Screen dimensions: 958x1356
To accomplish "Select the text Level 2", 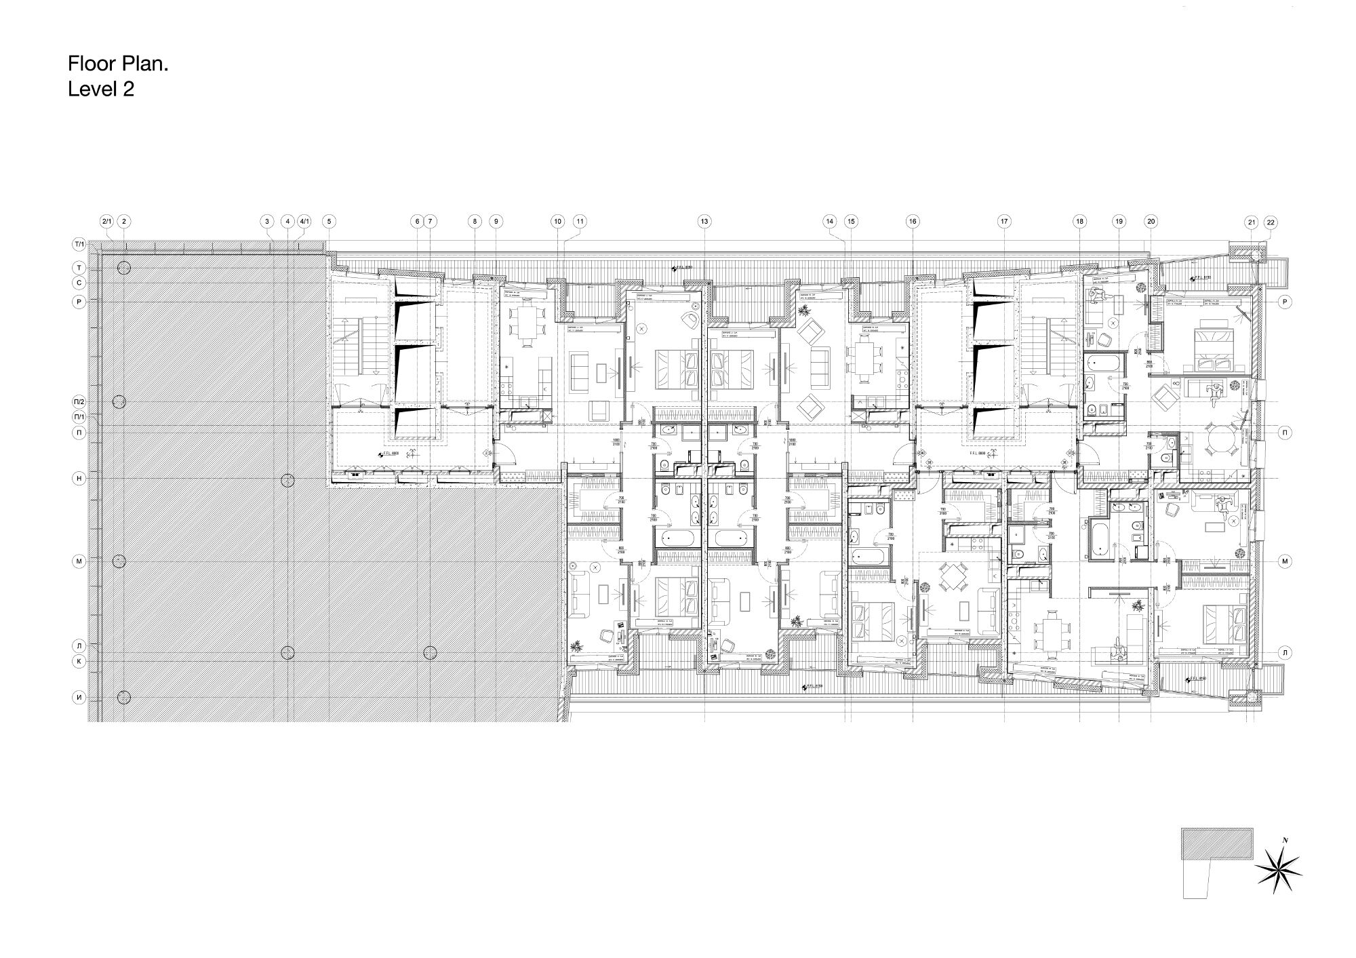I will point(101,89).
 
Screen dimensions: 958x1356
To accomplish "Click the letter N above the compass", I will point(1285,841).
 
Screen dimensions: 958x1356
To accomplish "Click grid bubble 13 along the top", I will point(704,221).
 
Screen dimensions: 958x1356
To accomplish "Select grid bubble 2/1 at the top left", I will point(106,221).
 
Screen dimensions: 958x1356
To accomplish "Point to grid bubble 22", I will point(1270,222).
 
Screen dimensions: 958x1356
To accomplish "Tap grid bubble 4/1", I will point(304,221).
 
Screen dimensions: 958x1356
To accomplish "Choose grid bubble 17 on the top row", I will point(1004,221).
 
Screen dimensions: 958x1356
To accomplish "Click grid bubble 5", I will point(329,221).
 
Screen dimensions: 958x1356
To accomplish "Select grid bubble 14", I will point(830,221).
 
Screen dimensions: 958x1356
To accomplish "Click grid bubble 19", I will point(1119,221).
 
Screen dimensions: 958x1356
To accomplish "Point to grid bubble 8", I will point(475,221).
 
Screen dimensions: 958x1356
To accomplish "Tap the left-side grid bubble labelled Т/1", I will point(79,244).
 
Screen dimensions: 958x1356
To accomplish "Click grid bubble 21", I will point(1251,222).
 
